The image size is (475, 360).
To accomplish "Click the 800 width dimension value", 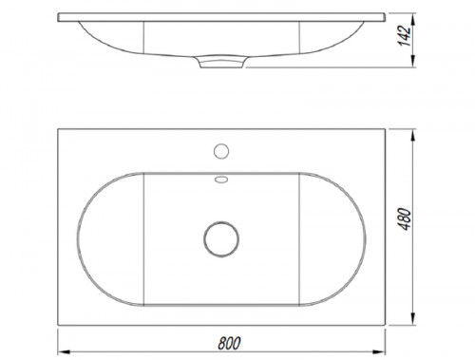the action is [x=229, y=343].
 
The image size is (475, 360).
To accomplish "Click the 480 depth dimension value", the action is [x=405, y=219].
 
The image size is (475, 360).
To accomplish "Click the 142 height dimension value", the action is [x=405, y=36].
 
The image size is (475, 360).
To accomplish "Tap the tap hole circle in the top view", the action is [x=221, y=151].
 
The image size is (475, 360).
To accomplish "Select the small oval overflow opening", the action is [x=221, y=180].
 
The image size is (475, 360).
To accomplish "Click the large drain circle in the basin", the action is [x=221, y=239].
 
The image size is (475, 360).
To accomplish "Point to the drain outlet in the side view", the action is [x=221, y=62].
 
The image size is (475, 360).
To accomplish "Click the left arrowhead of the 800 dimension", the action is [x=65, y=351].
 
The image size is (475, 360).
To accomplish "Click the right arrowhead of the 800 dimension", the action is [x=379, y=351].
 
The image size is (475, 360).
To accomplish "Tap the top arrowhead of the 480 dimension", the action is [x=412, y=136].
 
